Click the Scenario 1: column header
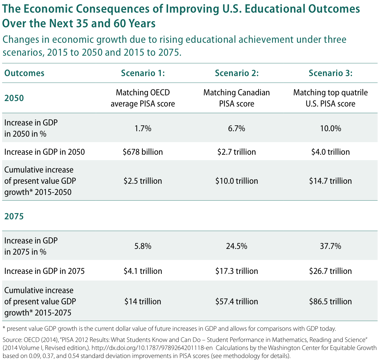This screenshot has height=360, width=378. pyautogui.click(x=143, y=73)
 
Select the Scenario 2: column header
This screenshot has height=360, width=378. pyautogui.click(x=237, y=73)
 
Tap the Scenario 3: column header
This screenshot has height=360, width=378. pyautogui.click(x=330, y=73)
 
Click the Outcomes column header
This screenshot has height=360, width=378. pyautogui.click(x=24, y=73)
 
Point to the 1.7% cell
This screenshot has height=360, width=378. pyautogui.click(x=143, y=128)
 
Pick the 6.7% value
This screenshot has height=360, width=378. pyautogui.click(x=237, y=128)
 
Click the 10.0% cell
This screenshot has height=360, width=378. pyautogui.click(x=330, y=128)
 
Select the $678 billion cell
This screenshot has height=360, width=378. pyautogui.click(x=143, y=152)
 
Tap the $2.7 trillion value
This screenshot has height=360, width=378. pyautogui.click(x=237, y=152)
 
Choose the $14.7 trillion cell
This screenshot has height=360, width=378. pyautogui.click(x=330, y=181)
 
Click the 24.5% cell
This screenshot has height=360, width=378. pyautogui.click(x=237, y=246)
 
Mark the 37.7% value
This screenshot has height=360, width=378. pyautogui.click(x=330, y=246)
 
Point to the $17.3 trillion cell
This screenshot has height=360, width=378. pyautogui.click(x=237, y=271)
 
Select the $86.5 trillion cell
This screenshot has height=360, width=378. pyautogui.click(x=330, y=301)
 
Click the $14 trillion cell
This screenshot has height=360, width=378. pyautogui.click(x=143, y=301)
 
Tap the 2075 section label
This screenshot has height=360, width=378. pyautogui.click(x=14, y=216)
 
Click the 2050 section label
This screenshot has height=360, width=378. pyautogui.click(x=14, y=98)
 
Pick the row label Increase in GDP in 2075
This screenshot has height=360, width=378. pyautogui.click(x=44, y=271)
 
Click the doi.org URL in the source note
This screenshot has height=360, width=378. pyautogui.click(x=152, y=348)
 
